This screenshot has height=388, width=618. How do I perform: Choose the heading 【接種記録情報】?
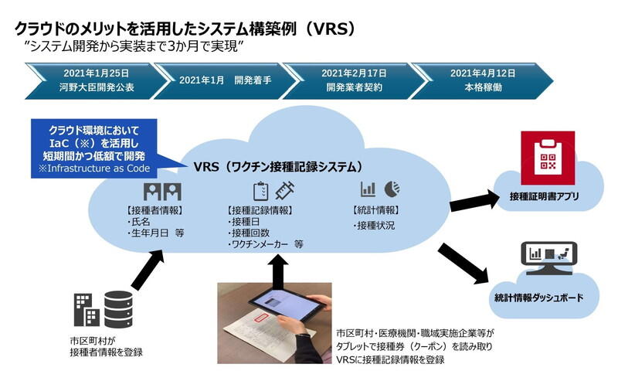pyautogui.click(x=261, y=210)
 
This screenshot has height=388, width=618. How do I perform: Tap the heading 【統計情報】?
pyautogui.click(x=375, y=210)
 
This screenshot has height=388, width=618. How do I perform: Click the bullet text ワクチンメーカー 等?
pyautogui.click(x=267, y=244)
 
